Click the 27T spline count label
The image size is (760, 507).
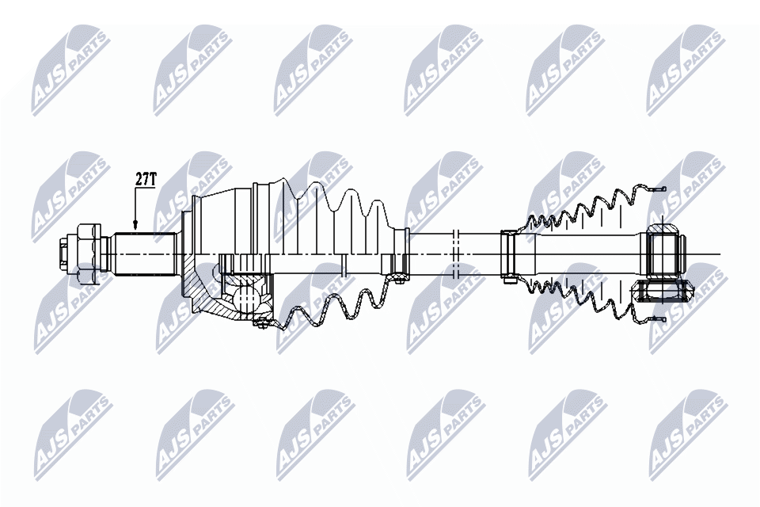tap(145, 180)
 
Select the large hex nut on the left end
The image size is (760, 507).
tap(90, 253)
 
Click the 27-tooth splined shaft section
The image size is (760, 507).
tap(143, 253)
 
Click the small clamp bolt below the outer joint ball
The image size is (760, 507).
tap(261, 322)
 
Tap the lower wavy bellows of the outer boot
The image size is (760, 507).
tap(332, 309)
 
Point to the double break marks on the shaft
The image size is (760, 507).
tap(455, 253)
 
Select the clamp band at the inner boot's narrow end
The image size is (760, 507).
tap(508, 253)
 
